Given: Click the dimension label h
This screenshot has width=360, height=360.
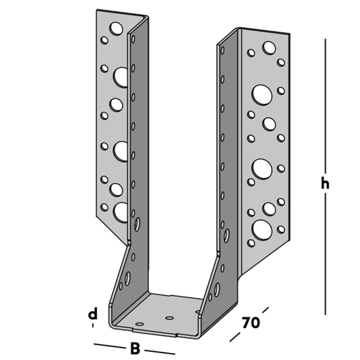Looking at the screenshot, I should [x=325, y=184].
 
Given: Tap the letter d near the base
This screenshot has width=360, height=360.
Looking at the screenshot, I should [x=93, y=314].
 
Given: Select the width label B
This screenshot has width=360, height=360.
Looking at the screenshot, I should [x=135, y=349].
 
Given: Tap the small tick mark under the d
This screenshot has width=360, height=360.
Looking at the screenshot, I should [x=93, y=325].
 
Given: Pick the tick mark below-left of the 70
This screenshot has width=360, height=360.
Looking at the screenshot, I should [x=235, y=337].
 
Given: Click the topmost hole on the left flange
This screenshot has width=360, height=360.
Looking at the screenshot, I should [x=116, y=28].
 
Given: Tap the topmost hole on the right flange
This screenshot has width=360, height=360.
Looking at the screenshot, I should [x=269, y=48].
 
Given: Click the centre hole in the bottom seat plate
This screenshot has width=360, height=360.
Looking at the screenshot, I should [x=170, y=318].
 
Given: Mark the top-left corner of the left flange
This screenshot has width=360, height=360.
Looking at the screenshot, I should [x=96, y=10].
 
